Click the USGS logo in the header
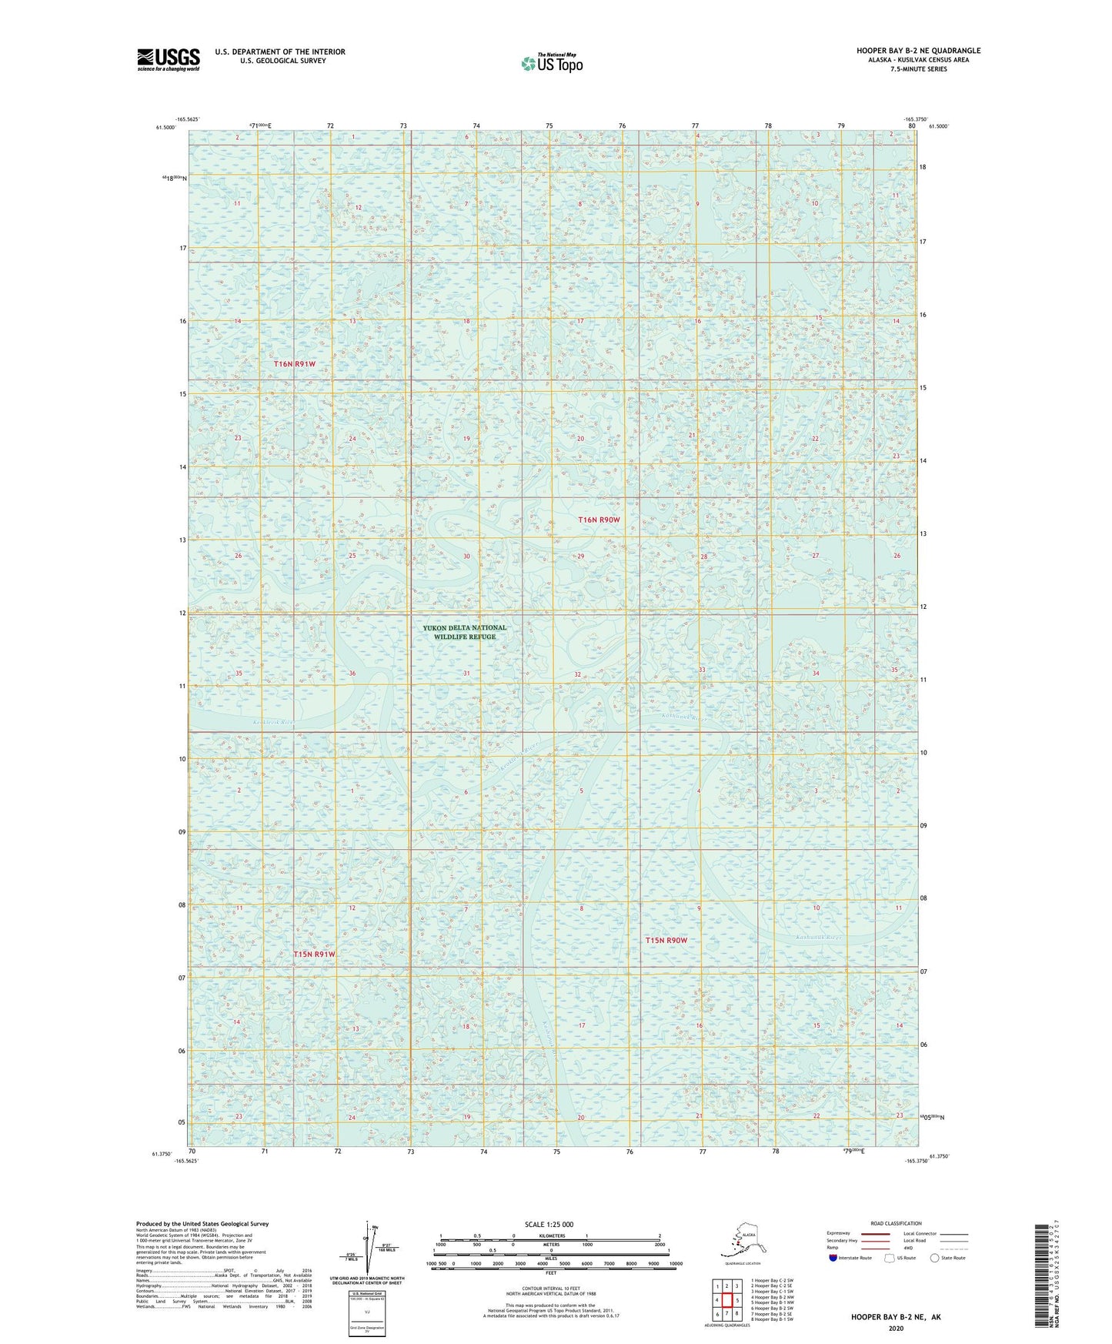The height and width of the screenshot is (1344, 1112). [x=169, y=59]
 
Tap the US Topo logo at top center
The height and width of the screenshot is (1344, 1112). [x=552, y=63]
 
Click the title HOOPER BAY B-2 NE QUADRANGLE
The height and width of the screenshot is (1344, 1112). [x=918, y=51]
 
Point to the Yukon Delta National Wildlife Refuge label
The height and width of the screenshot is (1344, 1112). [x=464, y=632]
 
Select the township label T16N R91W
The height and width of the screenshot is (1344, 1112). [x=295, y=363]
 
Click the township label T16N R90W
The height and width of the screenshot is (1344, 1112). [x=599, y=520]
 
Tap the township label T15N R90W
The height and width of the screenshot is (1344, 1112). [x=666, y=940]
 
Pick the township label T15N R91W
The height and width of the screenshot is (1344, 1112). [x=315, y=954]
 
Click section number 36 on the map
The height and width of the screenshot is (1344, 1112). [x=352, y=674]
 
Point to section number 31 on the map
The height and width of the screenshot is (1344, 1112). [x=466, y=674]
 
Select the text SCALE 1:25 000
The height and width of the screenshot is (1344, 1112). [x=549, y=1224]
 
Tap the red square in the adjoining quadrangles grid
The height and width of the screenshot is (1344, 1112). [x=726, y=1300]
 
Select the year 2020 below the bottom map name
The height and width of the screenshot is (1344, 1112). [x=895, y=1328]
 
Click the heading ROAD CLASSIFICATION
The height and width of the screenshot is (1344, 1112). [x=896, y=1223]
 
